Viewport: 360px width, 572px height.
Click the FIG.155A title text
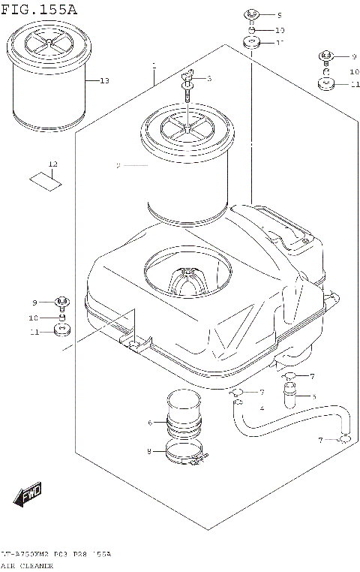pos(39,10)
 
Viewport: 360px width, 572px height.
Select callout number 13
pos(104,80)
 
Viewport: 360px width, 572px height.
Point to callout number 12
pos(52,164)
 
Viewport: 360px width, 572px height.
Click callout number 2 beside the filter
pos(118,165)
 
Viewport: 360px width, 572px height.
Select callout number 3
pos(209,79)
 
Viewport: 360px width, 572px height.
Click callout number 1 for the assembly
pos(153,66)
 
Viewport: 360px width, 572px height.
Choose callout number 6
pos(150,423)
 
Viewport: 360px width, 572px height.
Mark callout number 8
pos(149,451)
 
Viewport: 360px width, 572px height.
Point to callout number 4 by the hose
pos(262,408)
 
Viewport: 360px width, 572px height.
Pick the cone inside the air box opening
pos(184,281)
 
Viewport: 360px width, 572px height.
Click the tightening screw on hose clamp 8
pos(198,459)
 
